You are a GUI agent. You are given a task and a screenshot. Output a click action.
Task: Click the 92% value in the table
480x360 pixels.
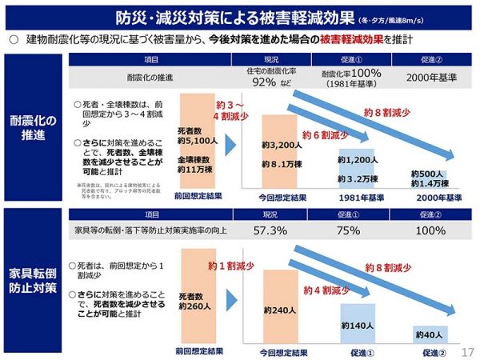(264, 82)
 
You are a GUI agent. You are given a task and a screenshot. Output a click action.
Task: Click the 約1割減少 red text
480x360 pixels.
(233, 265)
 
